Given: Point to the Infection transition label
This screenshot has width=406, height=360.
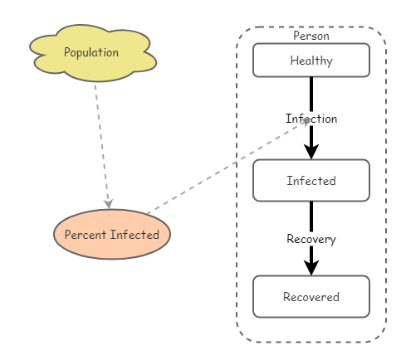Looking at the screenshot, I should [x=311, y=119].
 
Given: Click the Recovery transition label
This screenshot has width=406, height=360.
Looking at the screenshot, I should [x=311, y=239].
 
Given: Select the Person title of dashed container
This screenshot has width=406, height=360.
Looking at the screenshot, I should [x=311, y=36].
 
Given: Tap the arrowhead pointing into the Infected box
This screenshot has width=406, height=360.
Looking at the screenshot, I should [x=311, y=150].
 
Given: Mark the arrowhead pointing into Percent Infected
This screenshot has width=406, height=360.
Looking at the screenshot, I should [x=109, y=203].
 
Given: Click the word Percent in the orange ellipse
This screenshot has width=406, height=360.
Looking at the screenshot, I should [x=87, y=235].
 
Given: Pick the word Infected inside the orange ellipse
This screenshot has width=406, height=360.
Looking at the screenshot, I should [x=135, y=235].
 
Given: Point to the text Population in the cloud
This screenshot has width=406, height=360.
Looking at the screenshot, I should [x=91, y=52].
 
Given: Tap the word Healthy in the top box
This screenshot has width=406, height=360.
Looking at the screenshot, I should [x=311, y=61].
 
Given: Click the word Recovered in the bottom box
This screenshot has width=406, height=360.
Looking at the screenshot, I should [x=311, y=297].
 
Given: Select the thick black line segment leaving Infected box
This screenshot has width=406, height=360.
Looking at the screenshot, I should [x=311, y=216].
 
